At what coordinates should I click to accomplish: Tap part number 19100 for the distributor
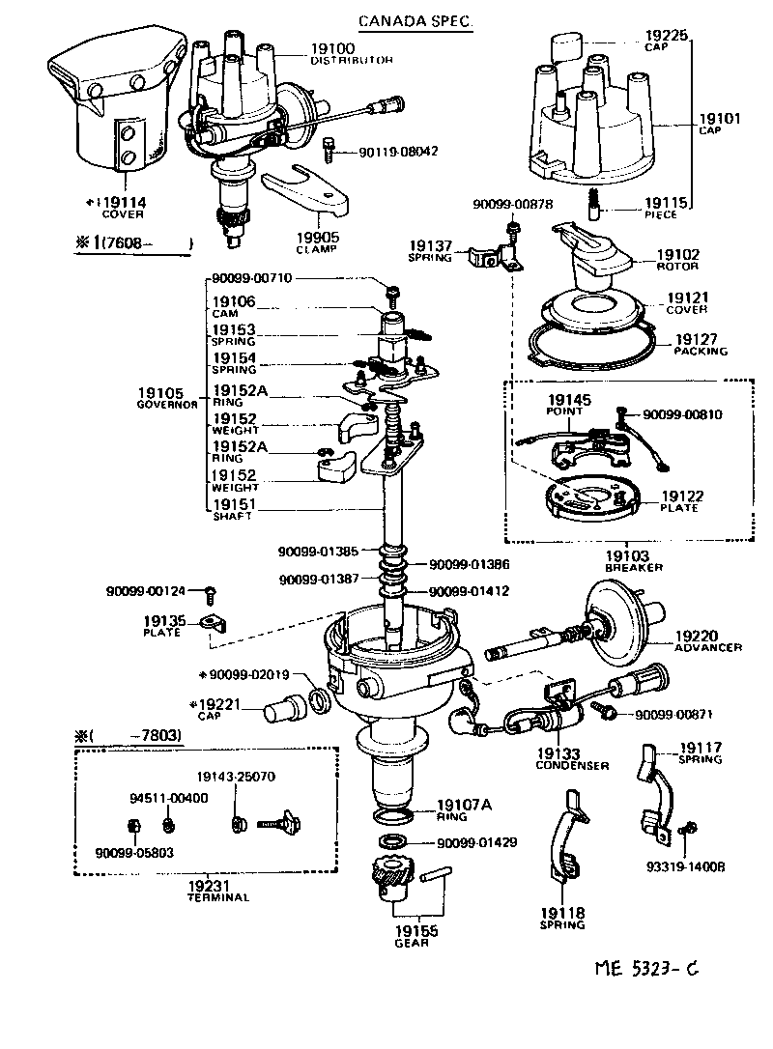332,48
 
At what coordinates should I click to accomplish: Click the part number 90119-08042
398,152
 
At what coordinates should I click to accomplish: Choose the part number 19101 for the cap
719,119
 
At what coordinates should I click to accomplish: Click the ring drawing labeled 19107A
396,817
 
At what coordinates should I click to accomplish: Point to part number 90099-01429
476,842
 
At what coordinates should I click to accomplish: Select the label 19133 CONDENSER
572,758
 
